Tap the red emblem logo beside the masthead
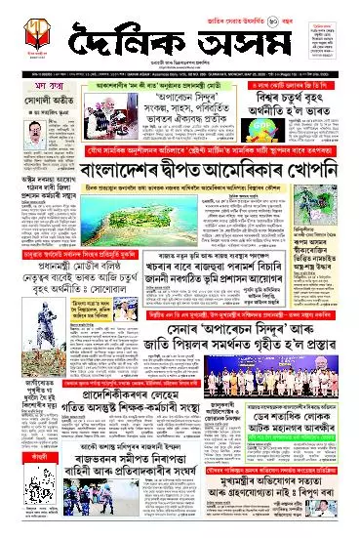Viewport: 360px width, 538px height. pyautogui.click(x=28, y=38)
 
